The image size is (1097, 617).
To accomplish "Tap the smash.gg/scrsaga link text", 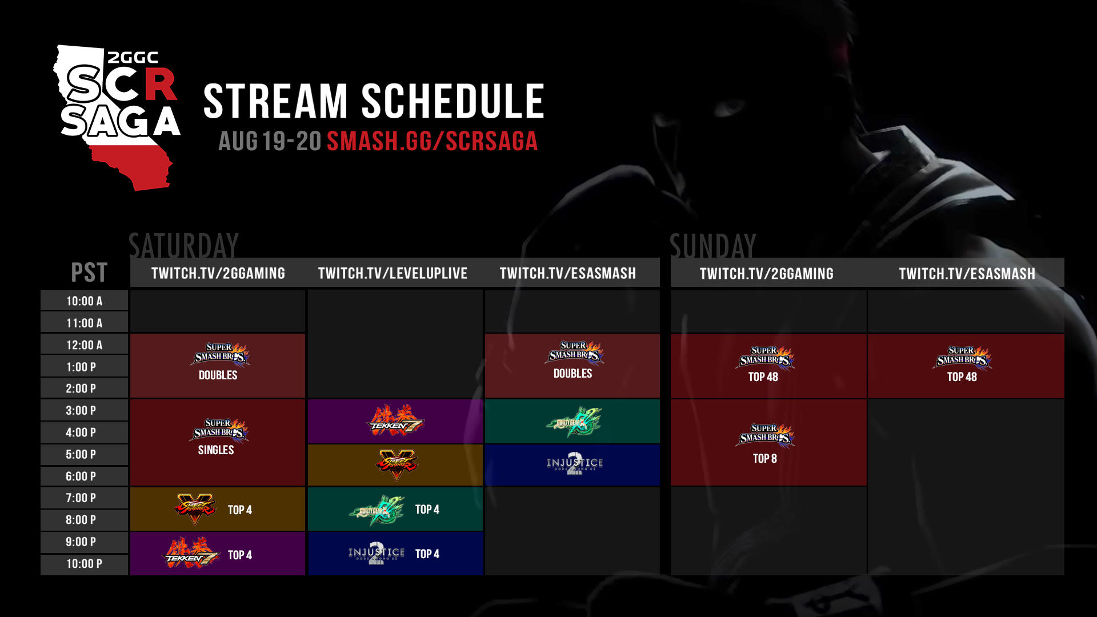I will pos(432,141).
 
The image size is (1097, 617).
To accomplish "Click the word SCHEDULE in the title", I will pos(453,101).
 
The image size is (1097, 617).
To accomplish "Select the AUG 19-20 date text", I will pos(270,141).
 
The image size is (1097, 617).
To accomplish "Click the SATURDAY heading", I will pos(183,246).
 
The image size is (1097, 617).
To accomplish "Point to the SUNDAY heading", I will pos(712,246).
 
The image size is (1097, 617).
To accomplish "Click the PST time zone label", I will pos(89,272).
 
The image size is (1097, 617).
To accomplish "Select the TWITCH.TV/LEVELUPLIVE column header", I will pos(393,273).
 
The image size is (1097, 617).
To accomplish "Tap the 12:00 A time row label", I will pos(84,345).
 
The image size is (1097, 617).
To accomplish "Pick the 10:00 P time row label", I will pos(84,564).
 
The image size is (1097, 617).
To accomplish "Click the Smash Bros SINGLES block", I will pos(217,442).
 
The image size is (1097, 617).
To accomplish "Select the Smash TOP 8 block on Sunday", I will pos(768,442).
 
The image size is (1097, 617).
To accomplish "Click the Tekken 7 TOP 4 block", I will pos(217,554).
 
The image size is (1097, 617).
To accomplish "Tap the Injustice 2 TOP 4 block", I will pos(395,554).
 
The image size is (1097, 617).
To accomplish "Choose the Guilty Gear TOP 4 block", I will pos(395,509).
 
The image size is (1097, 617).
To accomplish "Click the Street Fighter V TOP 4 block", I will pos(217,509).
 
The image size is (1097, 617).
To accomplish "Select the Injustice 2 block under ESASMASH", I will pos(572,465).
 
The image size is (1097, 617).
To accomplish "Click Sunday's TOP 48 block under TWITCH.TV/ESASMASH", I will pos(966,366).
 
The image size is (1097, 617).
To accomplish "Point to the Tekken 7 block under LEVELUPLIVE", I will pos(395,422).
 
